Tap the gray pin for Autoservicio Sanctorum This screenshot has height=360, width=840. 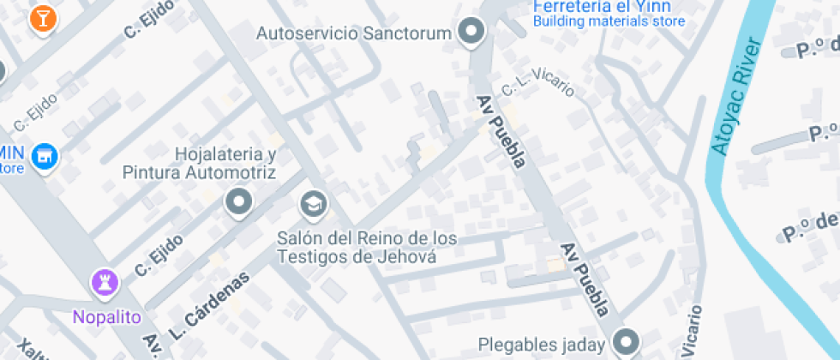(471, 33)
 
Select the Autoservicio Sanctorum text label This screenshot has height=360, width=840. (354, 34)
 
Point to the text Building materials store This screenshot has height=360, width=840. (609, 21)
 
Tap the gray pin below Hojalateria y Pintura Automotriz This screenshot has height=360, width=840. (239, 203)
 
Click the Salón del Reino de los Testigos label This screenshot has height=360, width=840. (366, 247)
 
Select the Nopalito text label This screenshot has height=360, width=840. (106, 317)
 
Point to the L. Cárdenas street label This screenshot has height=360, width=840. (209, 304)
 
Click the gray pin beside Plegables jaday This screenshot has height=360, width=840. (627, 340)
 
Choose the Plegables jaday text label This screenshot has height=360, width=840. (542, 345)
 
